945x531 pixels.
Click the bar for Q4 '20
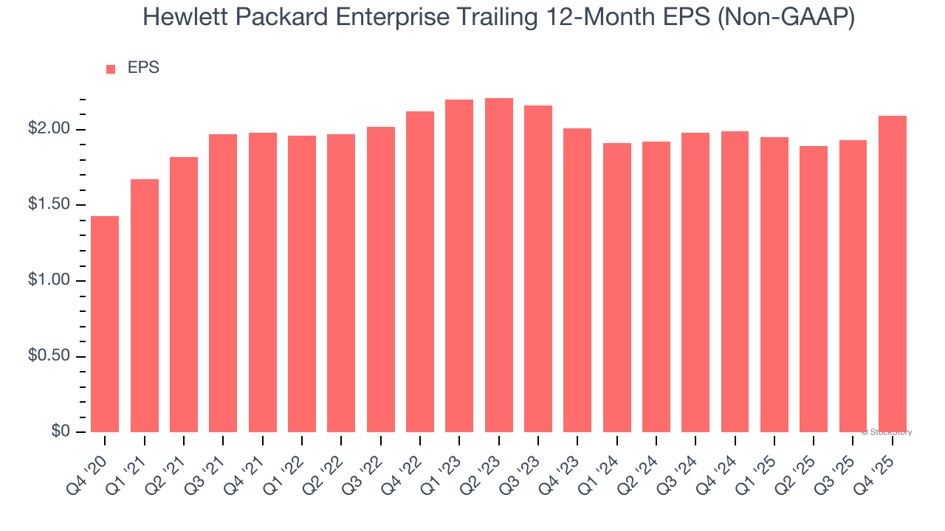click(x=105, y=324)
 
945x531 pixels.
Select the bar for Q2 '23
click(x=498, y=265)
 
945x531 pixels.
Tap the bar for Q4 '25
click(x=893, y=274)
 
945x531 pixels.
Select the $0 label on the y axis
click(x=60, y=431)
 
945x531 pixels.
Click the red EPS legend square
click(x=111, y=69)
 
